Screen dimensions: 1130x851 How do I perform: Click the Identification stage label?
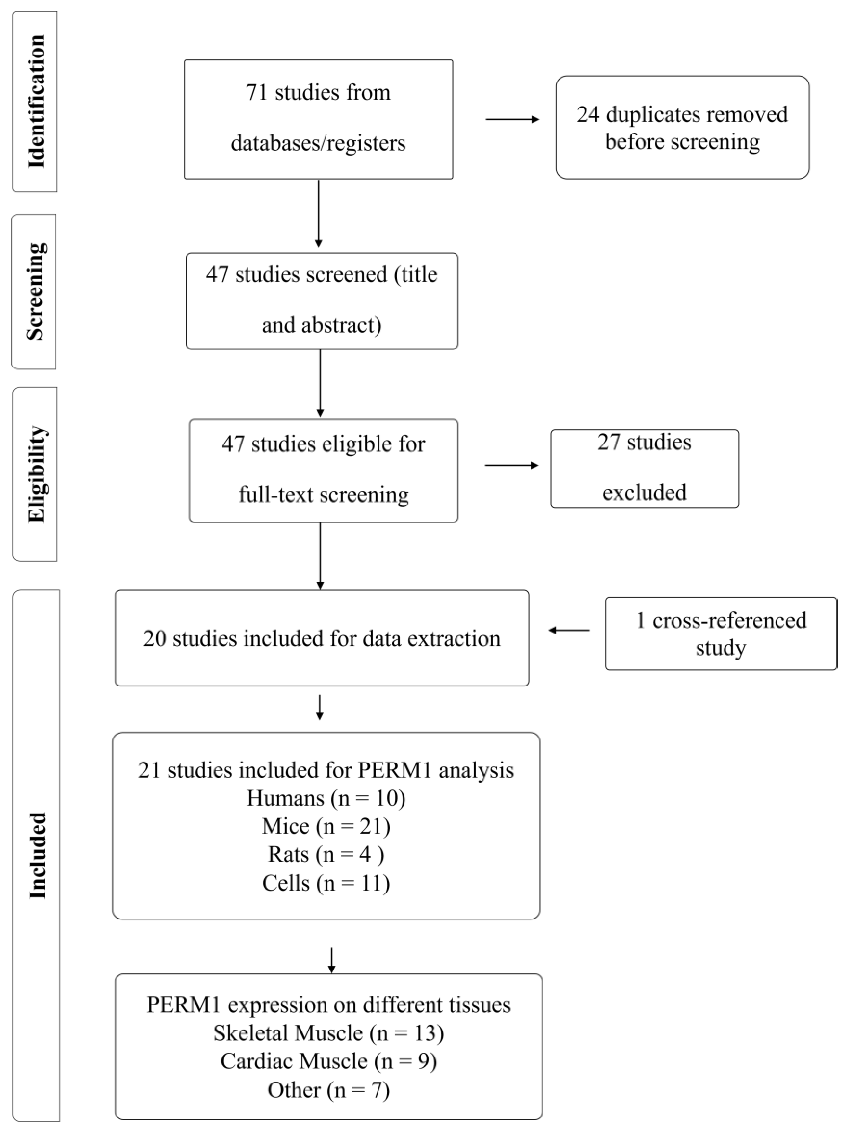(36, 101)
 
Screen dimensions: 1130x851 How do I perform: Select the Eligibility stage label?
(36, 474)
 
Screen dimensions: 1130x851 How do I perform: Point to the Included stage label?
(37, 855)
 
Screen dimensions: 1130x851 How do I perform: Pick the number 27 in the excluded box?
(609, 442)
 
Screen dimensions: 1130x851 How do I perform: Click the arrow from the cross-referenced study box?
(569, 630)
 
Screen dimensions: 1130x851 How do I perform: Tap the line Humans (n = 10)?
(326, 798)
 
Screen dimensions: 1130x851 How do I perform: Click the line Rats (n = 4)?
(326, 854)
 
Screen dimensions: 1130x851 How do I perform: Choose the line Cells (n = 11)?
(326, 883)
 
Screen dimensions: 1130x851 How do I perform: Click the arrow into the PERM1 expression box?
(332, 961)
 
